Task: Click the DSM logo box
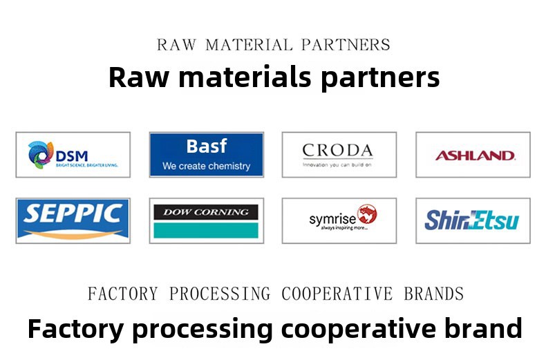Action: pyautogui.click(x=73, y=155)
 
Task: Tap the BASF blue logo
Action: pyautogui.click(x=206, y=155)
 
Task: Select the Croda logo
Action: pyautogui.click(x=339, y=155)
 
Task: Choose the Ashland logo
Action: pyautogui.click(x=473, y=155)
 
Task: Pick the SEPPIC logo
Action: pyautogui.click(x=73, y=220)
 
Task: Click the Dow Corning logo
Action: pyautogui.click(x=206, y=220)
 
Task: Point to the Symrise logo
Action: pyautogui.click(x=339, y=220)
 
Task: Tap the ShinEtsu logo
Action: pyautogui.click(x=473, y=220)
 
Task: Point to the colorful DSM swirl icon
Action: pyautogui.click(x=41, y=154)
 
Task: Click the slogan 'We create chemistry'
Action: pyautogui.click(x=206, y=166)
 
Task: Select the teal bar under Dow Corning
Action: pyautogui.click(x=206, y=230)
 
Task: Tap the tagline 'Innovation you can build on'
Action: pyautogui.click(x=337, y=164)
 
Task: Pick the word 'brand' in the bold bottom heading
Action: pyautogui.click(x=487, y=328)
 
